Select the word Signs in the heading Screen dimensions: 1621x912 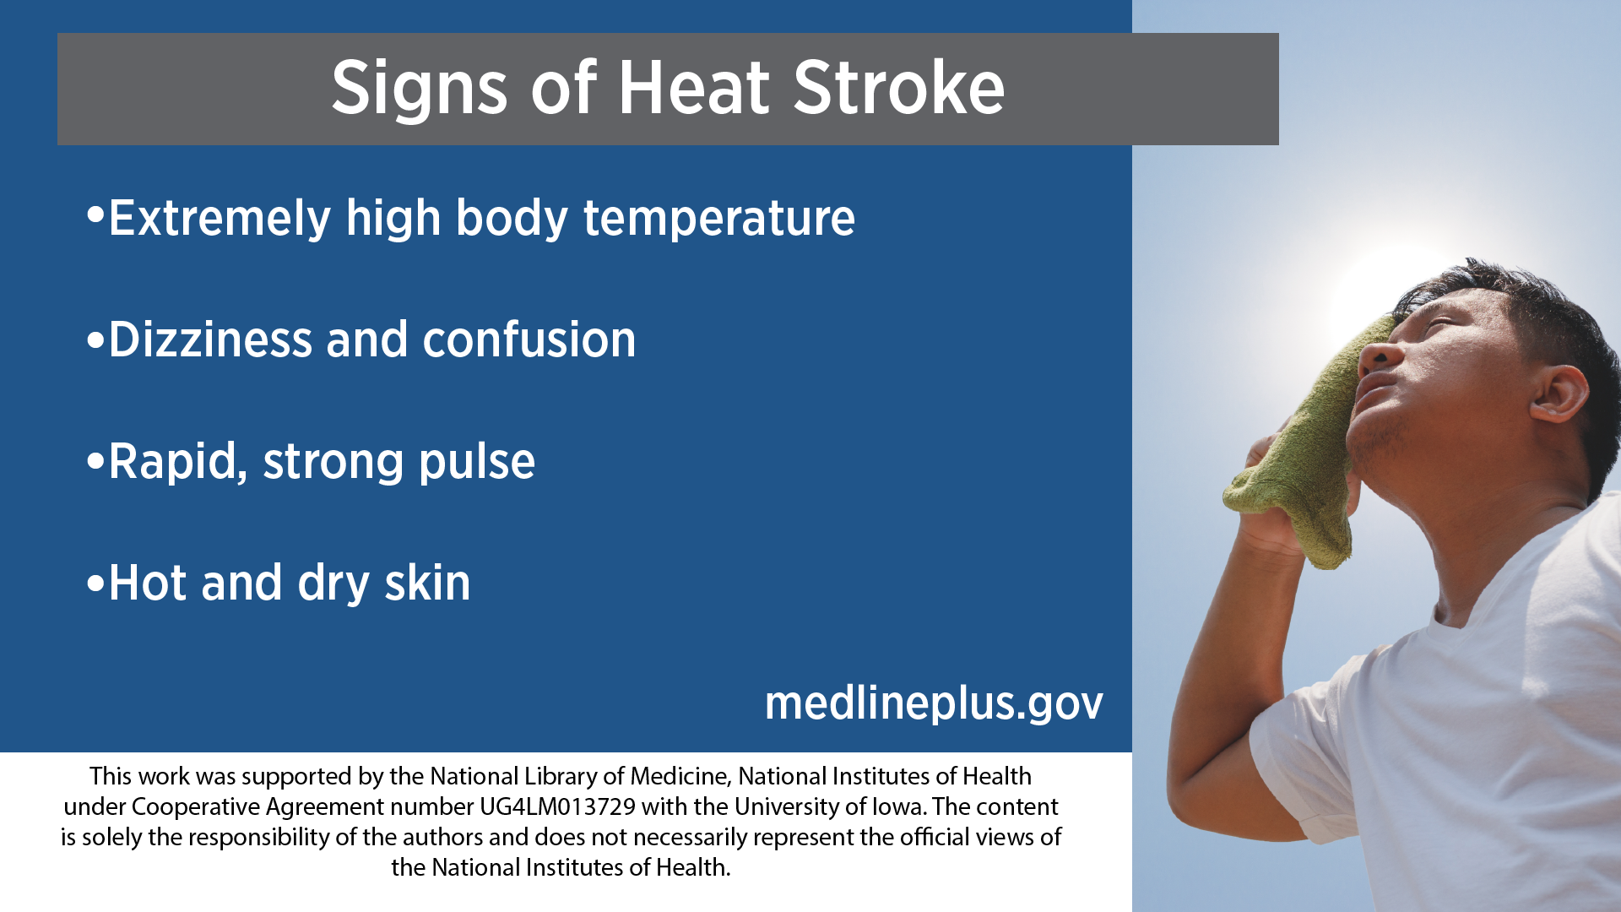[420, 90]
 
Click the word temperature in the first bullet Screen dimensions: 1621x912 [719, 219]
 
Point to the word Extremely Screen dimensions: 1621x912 [220, 219]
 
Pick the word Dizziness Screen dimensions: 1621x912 [210, 339]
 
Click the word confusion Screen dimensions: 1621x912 [529, 339]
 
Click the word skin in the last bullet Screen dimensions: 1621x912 [427, 583]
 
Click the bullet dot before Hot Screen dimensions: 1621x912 [95, 583]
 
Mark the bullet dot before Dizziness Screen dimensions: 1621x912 [95, 341]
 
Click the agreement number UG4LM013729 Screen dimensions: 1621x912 [557, 806]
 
